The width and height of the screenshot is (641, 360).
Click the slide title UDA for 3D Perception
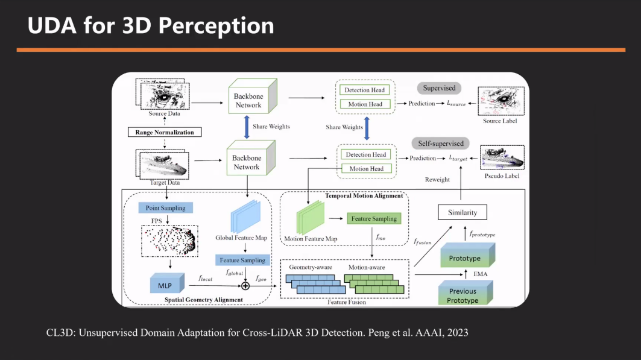pyautogui.click(x=151, y=25)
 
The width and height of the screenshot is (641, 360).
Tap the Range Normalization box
pyautogui.click(x=164, y=131)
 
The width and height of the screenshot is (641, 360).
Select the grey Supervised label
pyautogui.click(x=439, y=88)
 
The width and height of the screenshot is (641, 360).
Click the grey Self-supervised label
pyautogui.click(x=441, y=144)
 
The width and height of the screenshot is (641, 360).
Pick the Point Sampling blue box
pyautogui.click(x=165, y=208)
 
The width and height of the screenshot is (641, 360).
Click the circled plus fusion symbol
pyautogui.click(x=245, y=286)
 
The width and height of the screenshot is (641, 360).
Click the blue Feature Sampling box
pyautogui.click(x=242, y=260)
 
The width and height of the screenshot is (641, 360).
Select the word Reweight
pyautogui.click(x=437, y=180)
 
